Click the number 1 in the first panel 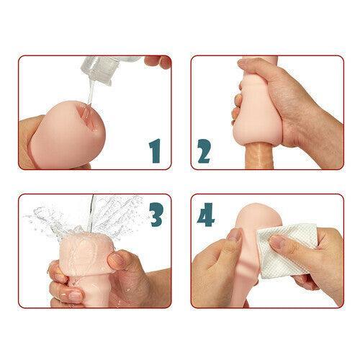point(153,150)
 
